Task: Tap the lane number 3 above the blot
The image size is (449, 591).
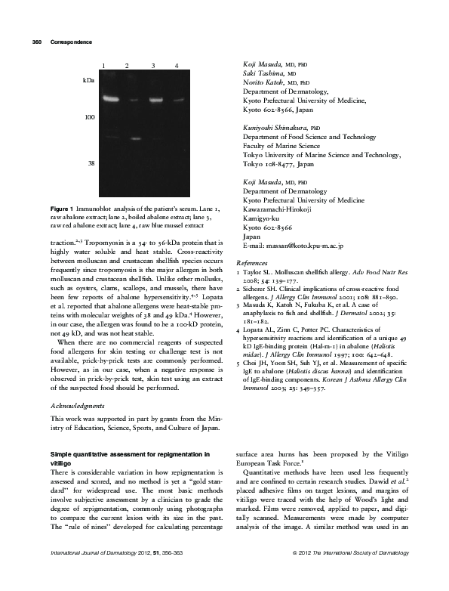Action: [153, 67]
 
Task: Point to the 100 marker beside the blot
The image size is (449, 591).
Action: [90, 119]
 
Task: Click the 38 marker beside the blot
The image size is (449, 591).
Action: [91, 163]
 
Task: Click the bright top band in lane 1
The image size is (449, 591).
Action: [112, 98]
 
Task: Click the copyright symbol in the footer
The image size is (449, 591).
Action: [293, 576]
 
